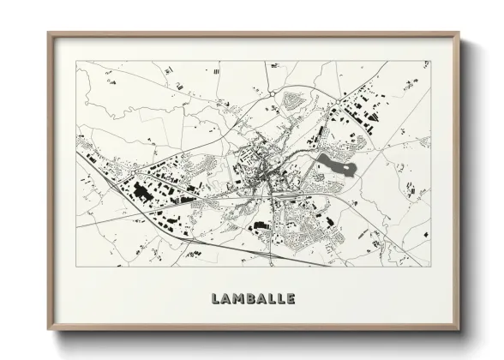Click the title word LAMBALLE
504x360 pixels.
[x=253, y=299]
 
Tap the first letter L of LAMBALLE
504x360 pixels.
[x=215, y=299]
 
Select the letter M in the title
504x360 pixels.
[x=237, y=299]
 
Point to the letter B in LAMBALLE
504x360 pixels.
[x=250, y=299]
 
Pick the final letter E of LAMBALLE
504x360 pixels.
[x=291, y=299]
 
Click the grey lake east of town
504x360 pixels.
[x=334, y=164]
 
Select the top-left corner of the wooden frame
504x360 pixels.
[x=49, y=33]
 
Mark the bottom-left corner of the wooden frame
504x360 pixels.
[x=49, y=329]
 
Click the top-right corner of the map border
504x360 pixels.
[x=429, y=61]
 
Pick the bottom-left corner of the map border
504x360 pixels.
[x=76, y=267]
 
